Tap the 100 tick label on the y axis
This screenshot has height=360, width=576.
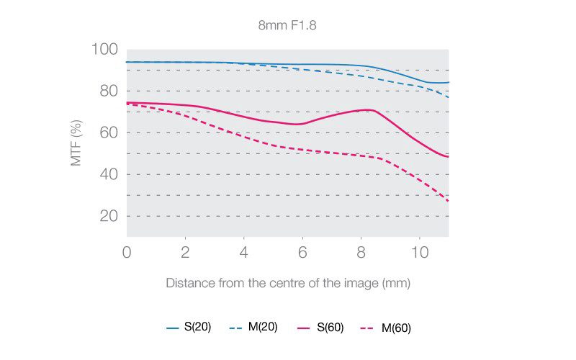click(104, 50)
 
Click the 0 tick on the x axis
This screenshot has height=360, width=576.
click(127, 253)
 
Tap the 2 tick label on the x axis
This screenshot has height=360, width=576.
click(185, 253)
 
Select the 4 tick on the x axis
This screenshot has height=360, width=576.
click(243, 253)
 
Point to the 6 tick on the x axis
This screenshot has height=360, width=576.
click(302, 253)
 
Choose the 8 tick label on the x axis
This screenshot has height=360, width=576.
click(361, 253)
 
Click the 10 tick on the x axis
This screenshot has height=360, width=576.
click(419, 253)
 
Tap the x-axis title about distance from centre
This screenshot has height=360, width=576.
click(288, 283)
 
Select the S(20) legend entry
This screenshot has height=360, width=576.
click(189, 328)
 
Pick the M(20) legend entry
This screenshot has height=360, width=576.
click(255, 328)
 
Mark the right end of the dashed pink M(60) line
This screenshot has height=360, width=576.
click(448, 201)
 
